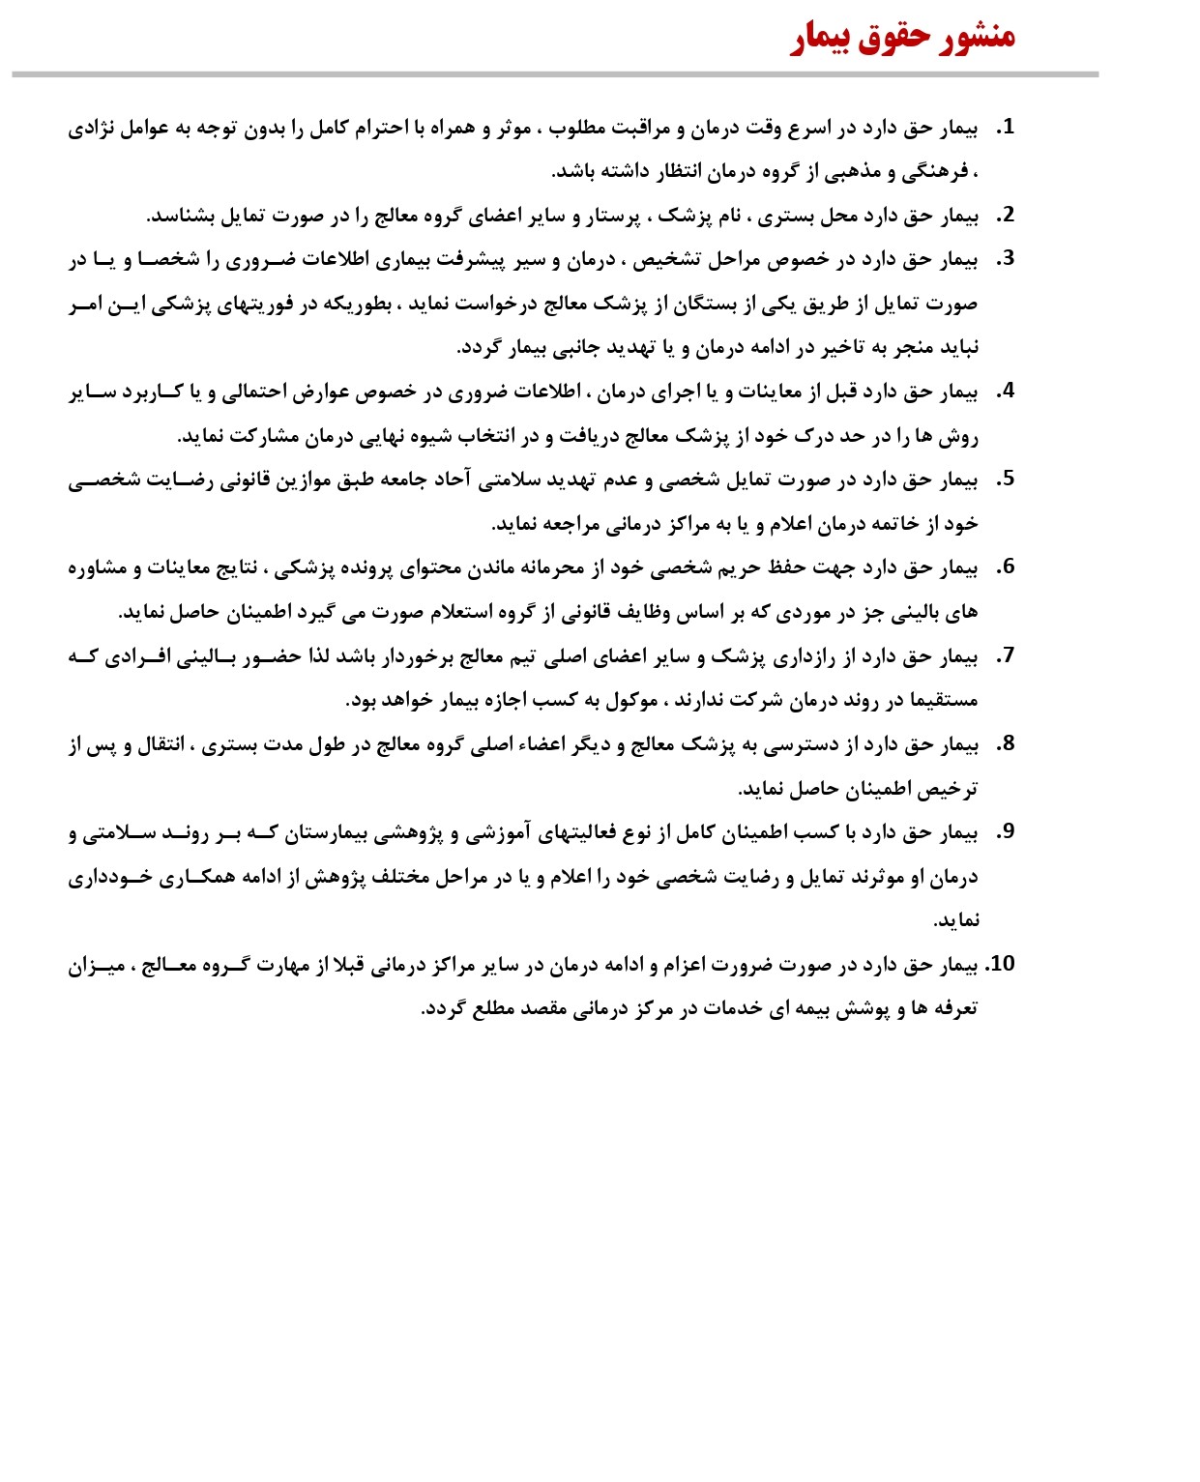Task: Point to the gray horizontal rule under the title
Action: pos(555,74)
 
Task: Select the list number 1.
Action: pos(1006,127)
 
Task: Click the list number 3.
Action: pos(1006,259)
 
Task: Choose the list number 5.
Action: pos(1006,479)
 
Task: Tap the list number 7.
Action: pos(1006,656)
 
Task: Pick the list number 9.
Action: pos(1006,832)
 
